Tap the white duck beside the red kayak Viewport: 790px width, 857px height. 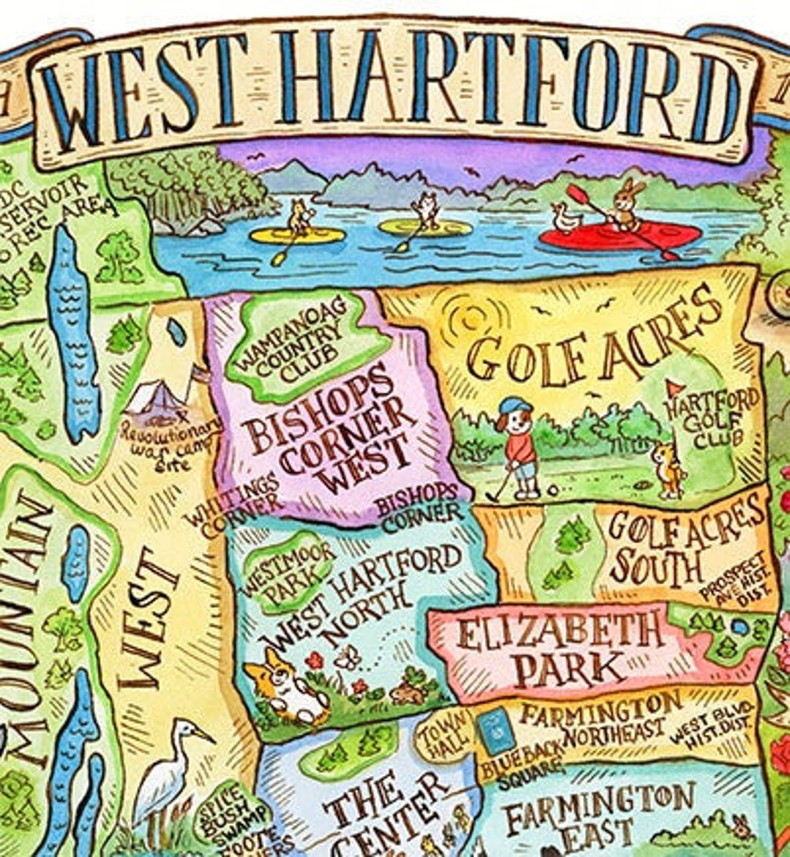(x=564, y=218)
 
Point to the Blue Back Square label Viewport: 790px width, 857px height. (x=522, y=765)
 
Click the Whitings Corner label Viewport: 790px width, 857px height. (x=233, y=504)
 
